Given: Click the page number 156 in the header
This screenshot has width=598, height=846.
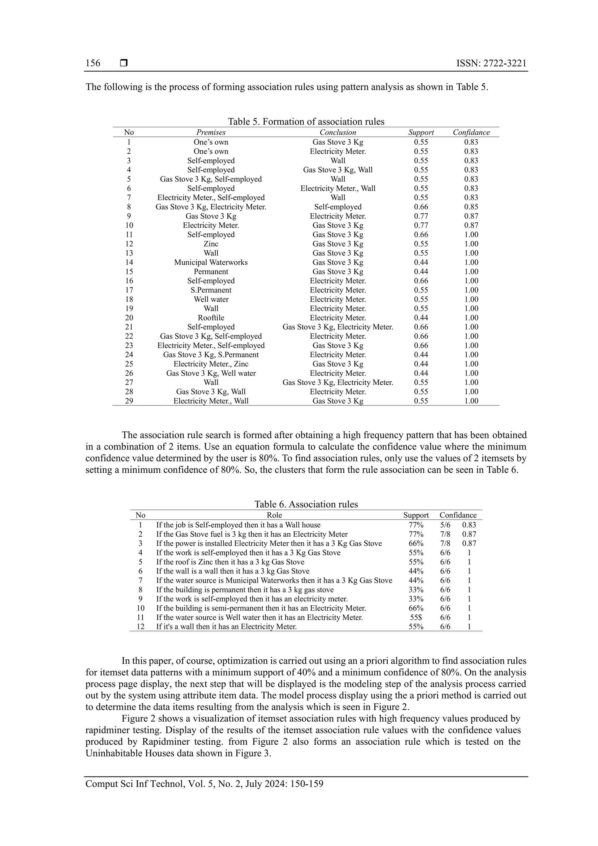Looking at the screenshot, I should click(x=93, y=63).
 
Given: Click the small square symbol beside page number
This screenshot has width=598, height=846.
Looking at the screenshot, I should click(x=124, y=63).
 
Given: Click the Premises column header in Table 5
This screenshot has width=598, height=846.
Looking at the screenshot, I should click(x=211, y=132).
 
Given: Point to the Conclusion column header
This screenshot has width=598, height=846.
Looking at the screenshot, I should click(x=338, y=132).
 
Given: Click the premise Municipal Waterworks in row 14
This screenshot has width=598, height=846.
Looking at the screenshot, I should click(x=211, y=262).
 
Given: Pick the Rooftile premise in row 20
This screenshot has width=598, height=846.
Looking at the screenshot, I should click(x=211, y=318).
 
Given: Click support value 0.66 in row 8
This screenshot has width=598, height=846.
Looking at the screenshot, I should click(x=421, y=207).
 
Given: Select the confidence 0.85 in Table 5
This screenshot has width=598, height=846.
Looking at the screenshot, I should click(x=471, y=207).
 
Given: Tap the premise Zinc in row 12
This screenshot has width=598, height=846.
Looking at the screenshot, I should click(x=211, y=244).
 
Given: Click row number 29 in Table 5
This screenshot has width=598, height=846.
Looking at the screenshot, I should click(x=129, y=401).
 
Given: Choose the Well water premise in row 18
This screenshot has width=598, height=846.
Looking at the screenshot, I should click(x=211, y=299).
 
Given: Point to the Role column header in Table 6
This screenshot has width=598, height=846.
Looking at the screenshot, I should click(x=274, y=515).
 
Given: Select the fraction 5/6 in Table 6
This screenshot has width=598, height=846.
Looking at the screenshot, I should click(x=445, y=525).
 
